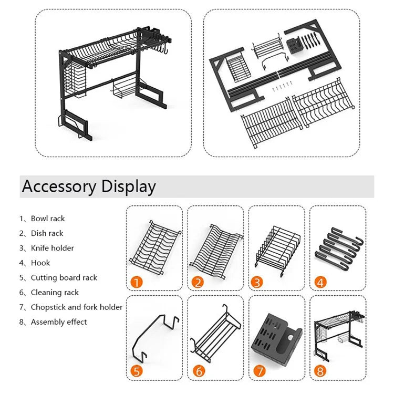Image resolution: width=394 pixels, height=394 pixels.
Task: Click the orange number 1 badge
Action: [137, 282]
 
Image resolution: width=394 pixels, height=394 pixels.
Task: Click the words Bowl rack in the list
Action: [48, 219]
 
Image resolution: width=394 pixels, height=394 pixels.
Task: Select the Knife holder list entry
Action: [52, 248]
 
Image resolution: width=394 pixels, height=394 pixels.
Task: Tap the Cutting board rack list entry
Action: [64, 277]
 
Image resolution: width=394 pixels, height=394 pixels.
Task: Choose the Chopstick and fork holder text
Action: [76, 307]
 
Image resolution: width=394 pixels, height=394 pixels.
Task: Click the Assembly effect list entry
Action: [58, 322]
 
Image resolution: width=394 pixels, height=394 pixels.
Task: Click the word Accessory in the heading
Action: [59, 186]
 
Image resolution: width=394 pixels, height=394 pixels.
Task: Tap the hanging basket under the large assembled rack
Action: [124, 89]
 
